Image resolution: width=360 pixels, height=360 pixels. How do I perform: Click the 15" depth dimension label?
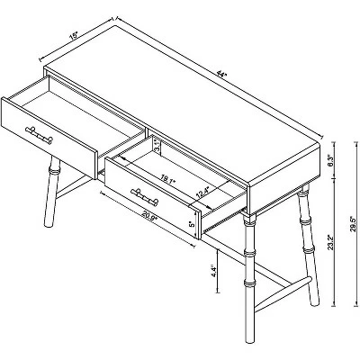[73, 36]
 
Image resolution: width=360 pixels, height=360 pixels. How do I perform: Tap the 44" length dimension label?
[220, 74]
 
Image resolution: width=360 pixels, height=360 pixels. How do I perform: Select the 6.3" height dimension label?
[329, 160]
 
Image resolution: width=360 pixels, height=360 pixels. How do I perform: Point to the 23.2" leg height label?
[330, 242]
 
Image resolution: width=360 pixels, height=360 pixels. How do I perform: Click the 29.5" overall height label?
[353, 223]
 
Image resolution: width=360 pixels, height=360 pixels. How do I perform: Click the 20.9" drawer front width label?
[150, 215]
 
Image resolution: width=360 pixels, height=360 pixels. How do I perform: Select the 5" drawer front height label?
[193, 223]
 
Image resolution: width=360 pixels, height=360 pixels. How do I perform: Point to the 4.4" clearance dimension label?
[213, 271]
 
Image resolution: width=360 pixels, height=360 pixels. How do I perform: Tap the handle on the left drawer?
[39, 134]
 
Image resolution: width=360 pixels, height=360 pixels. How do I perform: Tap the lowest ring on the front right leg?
[249, 283]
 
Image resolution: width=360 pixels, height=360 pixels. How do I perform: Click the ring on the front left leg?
[55, 172]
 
